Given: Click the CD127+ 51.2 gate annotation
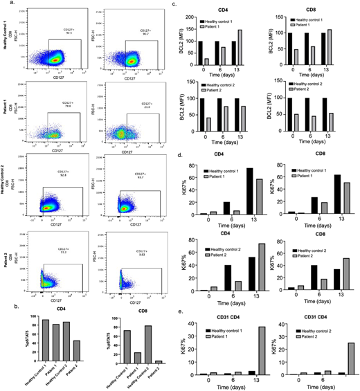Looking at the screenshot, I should click(x=66, y=253).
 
